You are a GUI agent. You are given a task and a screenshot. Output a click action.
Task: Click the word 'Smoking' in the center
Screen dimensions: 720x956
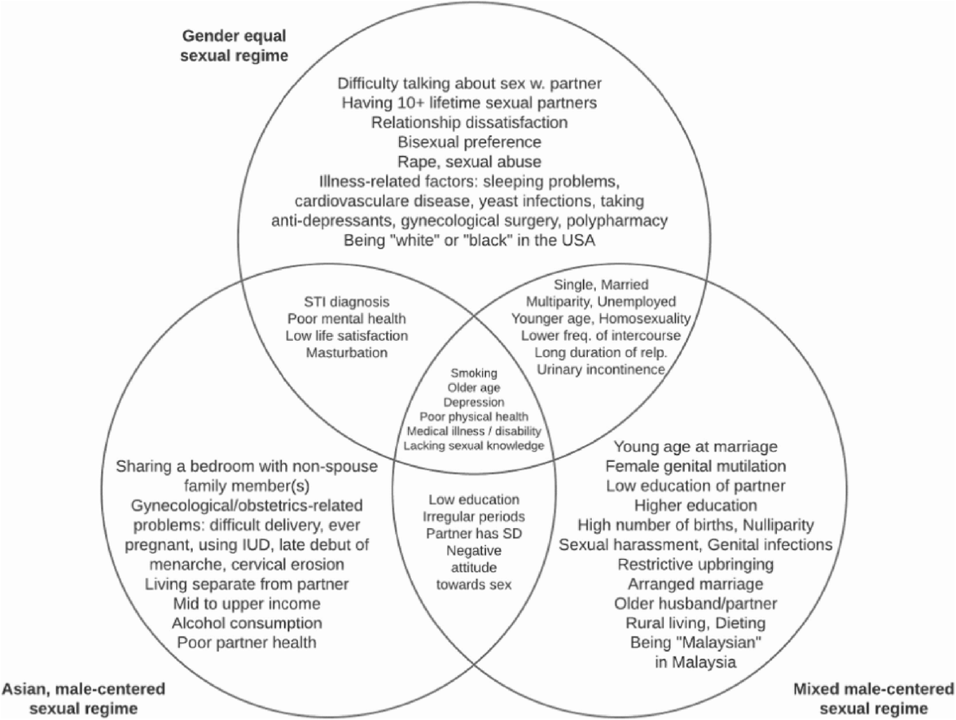(x=474, y=372)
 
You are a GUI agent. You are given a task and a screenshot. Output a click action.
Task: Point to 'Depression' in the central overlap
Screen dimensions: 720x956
(x=474, y=401)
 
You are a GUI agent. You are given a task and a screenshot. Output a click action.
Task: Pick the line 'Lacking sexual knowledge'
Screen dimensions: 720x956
(x=474, y=445)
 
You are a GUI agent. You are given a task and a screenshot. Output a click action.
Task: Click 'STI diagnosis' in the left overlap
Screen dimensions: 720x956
(x=346, y=302)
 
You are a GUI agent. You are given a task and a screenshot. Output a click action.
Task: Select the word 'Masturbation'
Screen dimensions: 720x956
(x=346, y=351)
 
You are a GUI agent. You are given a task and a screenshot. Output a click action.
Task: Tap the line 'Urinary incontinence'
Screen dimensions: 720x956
(x=601, y=369)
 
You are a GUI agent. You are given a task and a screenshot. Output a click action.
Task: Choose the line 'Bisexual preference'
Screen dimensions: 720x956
(x=470, y=142)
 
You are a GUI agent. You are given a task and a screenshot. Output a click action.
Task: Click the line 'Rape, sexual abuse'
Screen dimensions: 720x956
(x=470, y=161)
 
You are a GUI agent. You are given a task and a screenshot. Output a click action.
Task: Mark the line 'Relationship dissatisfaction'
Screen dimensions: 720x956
(x=470, y=122)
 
